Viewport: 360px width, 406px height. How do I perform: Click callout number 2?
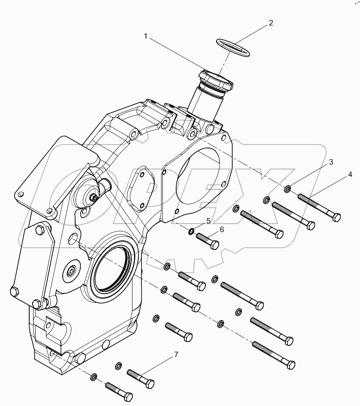coord(271,23)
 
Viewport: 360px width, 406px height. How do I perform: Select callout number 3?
coord(331,162)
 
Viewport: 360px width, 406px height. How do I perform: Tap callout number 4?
coord(350,175)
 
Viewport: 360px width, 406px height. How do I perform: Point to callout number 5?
coord(208,221)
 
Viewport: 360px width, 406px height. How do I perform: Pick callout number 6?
coord(222,230)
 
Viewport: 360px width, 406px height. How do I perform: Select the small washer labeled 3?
coord(287,188)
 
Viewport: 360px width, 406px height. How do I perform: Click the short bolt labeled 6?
coord(207,240)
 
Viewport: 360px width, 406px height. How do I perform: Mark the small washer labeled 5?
coord(191,232)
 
